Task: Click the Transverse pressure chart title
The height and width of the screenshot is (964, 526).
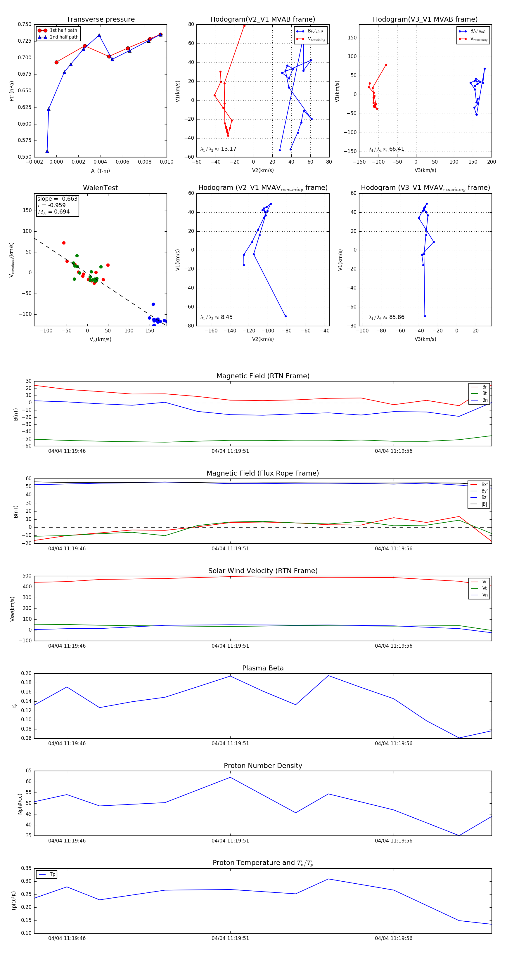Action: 100,20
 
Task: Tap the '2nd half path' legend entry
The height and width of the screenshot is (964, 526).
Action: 64,37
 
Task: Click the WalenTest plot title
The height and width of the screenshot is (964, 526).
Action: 100,188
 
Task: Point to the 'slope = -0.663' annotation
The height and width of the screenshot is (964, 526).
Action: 57,199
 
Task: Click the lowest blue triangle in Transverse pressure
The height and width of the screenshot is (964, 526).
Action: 47,151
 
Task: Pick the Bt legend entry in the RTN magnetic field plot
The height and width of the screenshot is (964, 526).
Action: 484,393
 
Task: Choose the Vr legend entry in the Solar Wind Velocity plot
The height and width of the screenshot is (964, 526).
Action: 484,582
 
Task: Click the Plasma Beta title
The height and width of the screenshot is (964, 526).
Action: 263,668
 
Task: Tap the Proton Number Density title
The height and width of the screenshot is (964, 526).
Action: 263,766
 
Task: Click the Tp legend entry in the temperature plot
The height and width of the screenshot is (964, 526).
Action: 52,874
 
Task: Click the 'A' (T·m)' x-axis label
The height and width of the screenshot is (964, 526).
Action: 100,171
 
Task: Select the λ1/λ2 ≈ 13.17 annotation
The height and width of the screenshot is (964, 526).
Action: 218,149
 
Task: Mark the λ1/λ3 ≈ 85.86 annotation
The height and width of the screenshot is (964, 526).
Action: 386,317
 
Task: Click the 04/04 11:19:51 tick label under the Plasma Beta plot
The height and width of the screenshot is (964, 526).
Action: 230,743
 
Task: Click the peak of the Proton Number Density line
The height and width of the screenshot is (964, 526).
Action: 230,777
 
